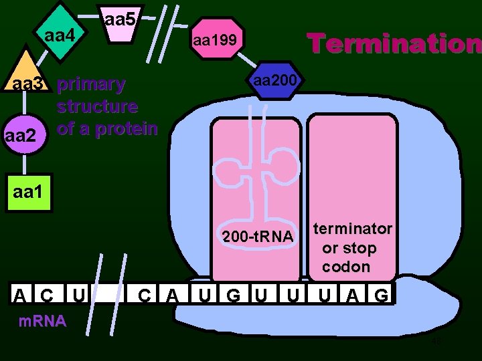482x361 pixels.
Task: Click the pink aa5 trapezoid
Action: click(x=120, y=24)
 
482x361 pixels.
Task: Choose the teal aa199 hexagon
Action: click(x=215, y=41)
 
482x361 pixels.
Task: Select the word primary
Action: click(x=91, y=85)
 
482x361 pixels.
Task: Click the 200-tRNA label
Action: click(x=258, y=237)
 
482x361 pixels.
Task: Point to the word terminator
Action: click(x=353, y=229)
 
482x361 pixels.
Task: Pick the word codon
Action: click(x=345, y=267)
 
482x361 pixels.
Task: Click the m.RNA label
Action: click(x=42, y=321)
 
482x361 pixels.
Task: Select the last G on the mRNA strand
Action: click(x=380, y=295)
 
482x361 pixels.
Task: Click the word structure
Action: click(x=98, y=106)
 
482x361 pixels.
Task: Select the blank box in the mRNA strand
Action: click(x=110, y=295)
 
